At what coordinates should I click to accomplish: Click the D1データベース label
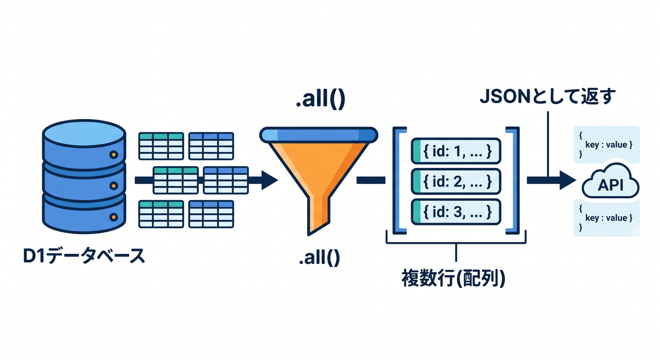(x=84, y=256)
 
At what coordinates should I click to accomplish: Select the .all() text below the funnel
(x=320, y=257)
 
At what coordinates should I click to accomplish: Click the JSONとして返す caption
(x=547, y=97)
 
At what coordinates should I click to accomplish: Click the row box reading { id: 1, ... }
(x=456, y=151)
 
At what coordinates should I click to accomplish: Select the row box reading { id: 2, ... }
(x=456, y=181)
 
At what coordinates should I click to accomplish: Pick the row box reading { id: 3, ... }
(x=456, y=212)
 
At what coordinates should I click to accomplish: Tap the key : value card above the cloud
(x=607, y=144)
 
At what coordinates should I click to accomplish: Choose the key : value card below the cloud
(x=607, y=218)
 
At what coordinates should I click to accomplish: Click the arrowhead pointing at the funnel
(x=270, y=180)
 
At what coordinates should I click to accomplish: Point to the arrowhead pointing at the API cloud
(x=568, y=180)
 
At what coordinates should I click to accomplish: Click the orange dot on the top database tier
(x=114, y=154)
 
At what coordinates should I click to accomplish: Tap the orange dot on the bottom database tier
(x=114, y=217)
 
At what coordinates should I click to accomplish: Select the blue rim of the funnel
(x=318, y=135)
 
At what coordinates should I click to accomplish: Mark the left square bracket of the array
(x=396, y=180)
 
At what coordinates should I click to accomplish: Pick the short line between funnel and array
(x=371, y=180)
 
